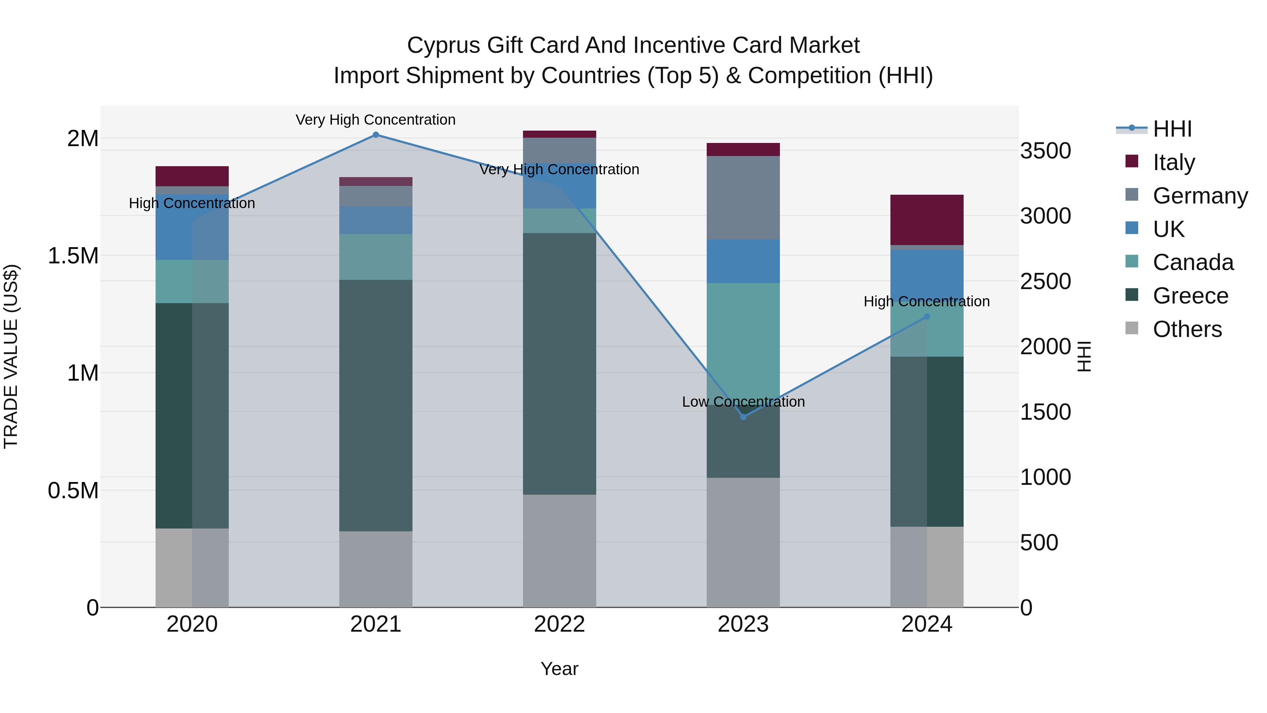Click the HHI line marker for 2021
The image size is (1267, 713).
point(376,135)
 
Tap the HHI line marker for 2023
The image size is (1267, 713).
point(743,417)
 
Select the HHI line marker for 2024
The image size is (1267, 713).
point(927,317)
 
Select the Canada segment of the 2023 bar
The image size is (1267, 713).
point(743,339)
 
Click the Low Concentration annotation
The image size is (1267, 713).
point(743,402)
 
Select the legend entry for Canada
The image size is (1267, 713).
point(1193,262)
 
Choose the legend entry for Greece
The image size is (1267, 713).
point(1190,296)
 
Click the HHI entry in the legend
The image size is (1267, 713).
point(1172,129)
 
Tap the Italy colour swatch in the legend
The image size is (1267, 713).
point(1132,161)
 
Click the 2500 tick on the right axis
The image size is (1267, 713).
point(1045,281)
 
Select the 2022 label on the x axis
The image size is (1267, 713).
point(559,624)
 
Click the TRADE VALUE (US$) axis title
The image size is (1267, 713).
point(11,356)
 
